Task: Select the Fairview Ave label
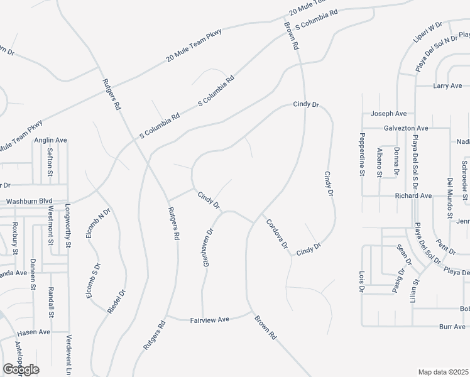209,320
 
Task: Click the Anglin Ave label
51,140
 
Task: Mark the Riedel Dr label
118,301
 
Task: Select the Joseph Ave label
388,114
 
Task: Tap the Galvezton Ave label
406,127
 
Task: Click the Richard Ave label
413,196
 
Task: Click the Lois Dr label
361,281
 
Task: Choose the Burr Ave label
452,327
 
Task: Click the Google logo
21,369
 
